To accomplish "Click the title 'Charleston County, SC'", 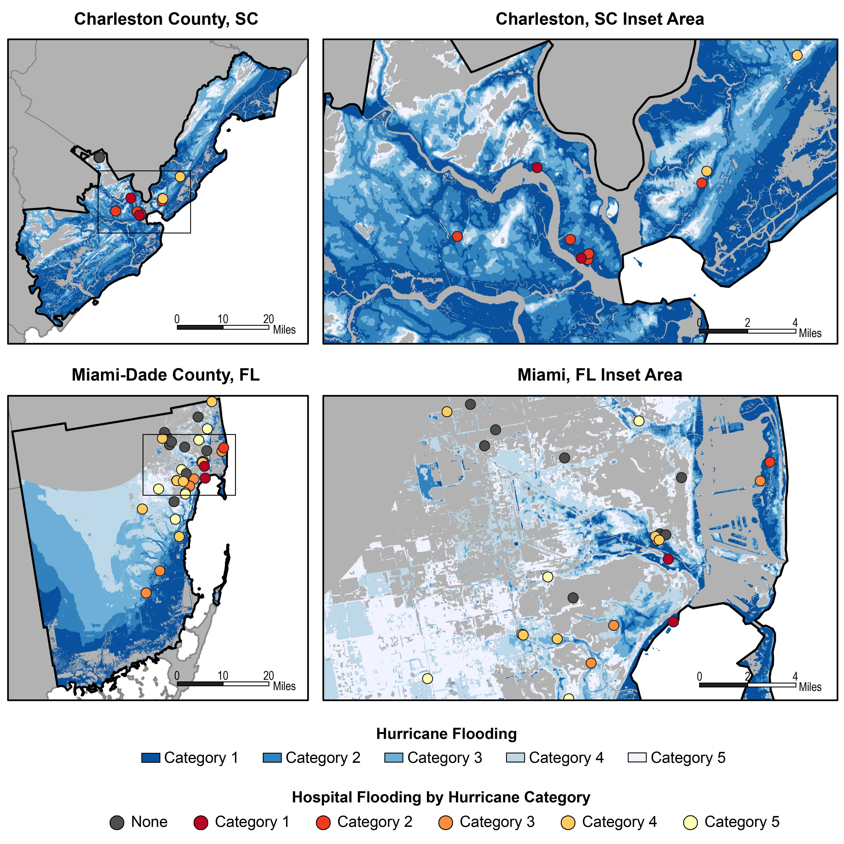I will (x=166, y=19).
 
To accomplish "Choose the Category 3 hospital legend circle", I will (x=445, y=823).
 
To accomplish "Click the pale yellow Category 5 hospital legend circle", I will (x=690, y=823).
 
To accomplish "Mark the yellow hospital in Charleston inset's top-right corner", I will (x=797, y=55).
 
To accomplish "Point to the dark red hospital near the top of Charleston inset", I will (x=537, y=167).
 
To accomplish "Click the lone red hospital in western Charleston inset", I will (x=457, y=236).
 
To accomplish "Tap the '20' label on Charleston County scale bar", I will (x=268, y=319).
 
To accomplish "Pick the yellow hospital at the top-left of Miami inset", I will (x=447, y=411).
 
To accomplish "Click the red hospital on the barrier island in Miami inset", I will (x=770, y=462).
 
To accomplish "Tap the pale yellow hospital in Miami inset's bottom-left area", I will (x=427, y=678).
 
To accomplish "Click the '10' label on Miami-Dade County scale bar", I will (x=223, y=675).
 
